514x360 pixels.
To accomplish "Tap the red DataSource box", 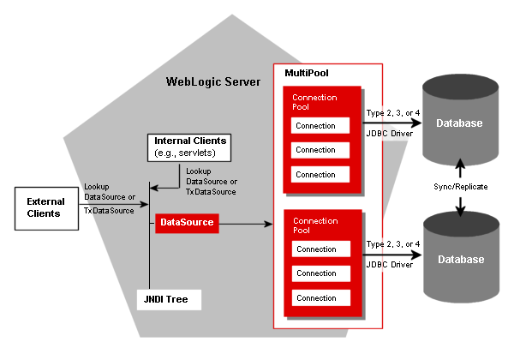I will tap(185, 224).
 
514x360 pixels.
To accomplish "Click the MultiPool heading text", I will tap(307, 75).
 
